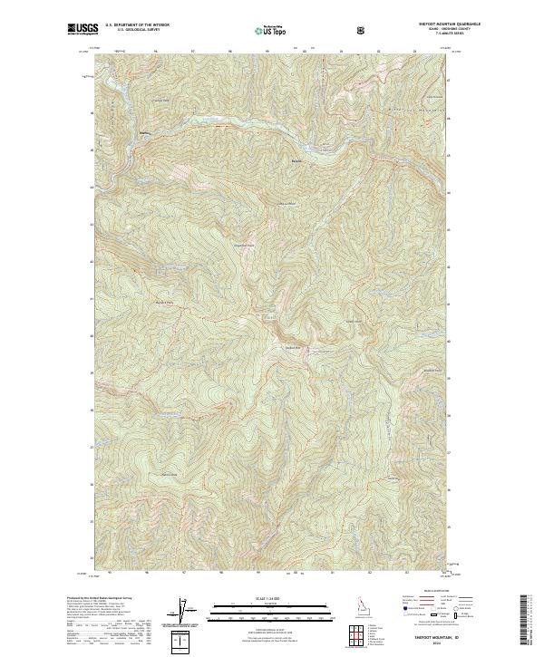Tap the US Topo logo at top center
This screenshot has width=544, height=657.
[271, 30]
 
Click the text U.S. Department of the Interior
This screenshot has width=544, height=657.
[136, 25]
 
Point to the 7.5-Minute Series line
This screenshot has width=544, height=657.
[442, 37]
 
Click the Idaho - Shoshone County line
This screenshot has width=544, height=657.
[442, 32]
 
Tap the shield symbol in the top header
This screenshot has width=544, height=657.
[363, 30]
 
